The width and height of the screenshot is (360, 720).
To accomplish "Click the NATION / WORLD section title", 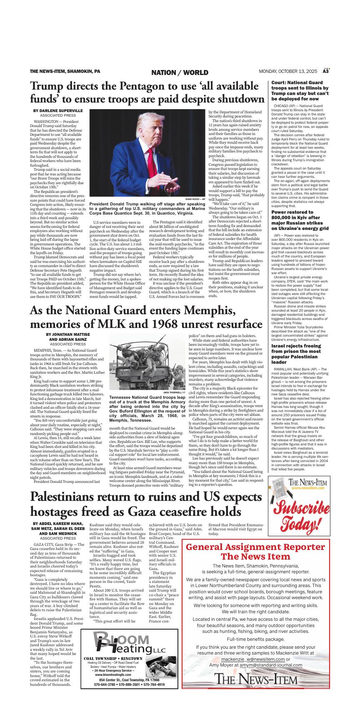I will pyautogui.click(x=180, y=72).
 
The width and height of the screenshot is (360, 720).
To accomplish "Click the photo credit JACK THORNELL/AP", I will pyautogui.click(x=174, y=392).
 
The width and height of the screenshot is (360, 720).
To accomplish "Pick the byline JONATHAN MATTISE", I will pyautogui.click(x=68, y=334).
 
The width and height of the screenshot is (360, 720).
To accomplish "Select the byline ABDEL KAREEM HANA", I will pyautogui.click(x=58, y=523).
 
